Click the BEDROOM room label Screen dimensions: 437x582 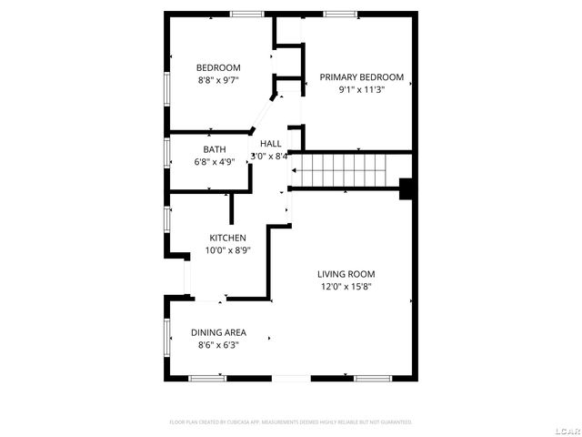[x=218, y=67]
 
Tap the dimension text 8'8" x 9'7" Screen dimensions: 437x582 [x=218, y=80]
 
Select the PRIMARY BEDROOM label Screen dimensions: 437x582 [x=361, y=77]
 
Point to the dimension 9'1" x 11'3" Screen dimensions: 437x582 [x=361, y=90]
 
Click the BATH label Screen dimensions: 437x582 [x=215, y=149]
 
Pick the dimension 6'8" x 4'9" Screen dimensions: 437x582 [x=215, y=162]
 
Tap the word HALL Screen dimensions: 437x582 [x=271, y=144]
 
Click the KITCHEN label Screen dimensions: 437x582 [x=227, y=238]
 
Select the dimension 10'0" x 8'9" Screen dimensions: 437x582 [x=227, y=250]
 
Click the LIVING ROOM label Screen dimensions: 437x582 [x=346, y=274]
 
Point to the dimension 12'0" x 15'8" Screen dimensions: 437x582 [x=346, y=287]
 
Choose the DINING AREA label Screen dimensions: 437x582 [x=218, y=332]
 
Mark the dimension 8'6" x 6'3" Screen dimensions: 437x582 [x=218, y=345]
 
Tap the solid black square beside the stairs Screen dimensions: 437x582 [x=407, y=188]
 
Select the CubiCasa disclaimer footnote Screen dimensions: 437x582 [x=291, y=422]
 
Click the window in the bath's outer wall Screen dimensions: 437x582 [x=167, y=152]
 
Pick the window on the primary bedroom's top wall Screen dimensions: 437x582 [x=339, y=14]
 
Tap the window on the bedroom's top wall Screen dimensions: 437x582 [x=246, y=14]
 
